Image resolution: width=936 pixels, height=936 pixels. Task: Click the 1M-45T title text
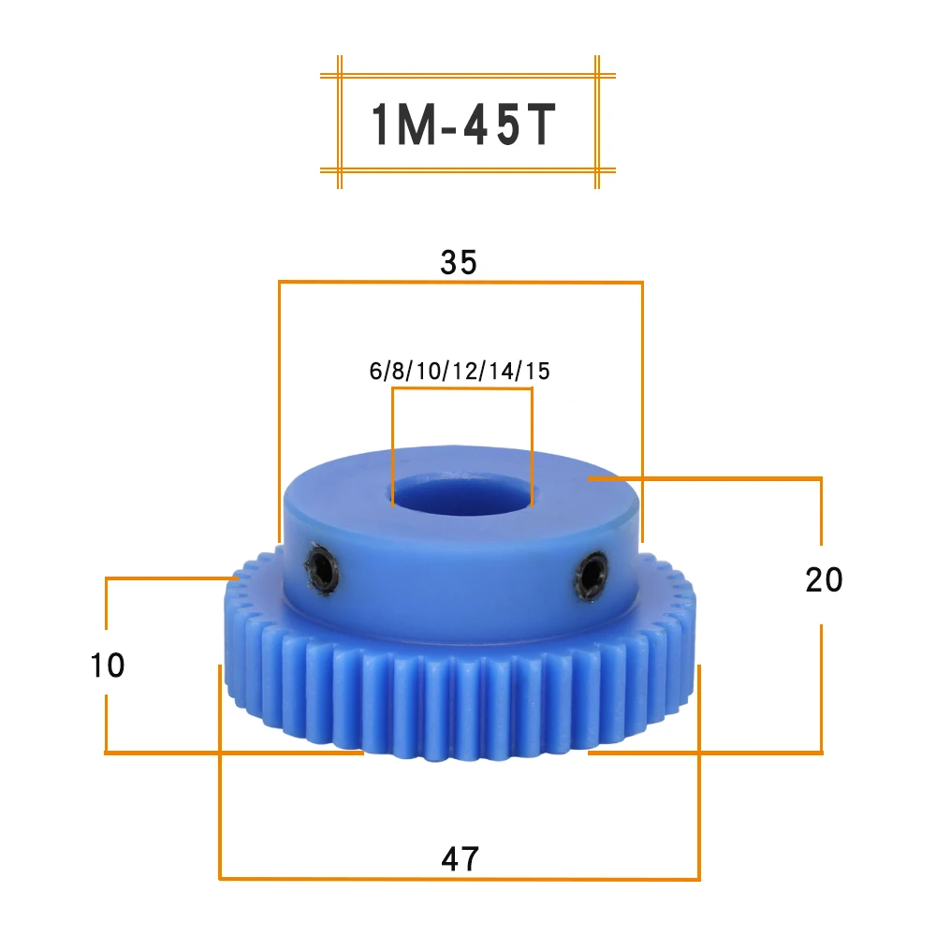pyautogui.click(x=464, y=124)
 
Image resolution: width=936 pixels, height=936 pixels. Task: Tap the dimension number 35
pyautogui.click(x=459, y=262)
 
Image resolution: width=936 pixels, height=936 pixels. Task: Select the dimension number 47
pyautogui.click(x=460, y=859)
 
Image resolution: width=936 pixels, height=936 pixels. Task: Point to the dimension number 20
pyautogui.click(x=824, y=579)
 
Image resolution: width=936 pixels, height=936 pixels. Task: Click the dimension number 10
pyautogui.click(x=108, y=665)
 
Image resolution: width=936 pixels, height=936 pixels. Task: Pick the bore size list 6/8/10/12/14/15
pyautogui.click(x=459, y=371)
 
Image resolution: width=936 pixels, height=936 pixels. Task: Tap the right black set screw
pyautogui.click(x=591, y=577)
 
